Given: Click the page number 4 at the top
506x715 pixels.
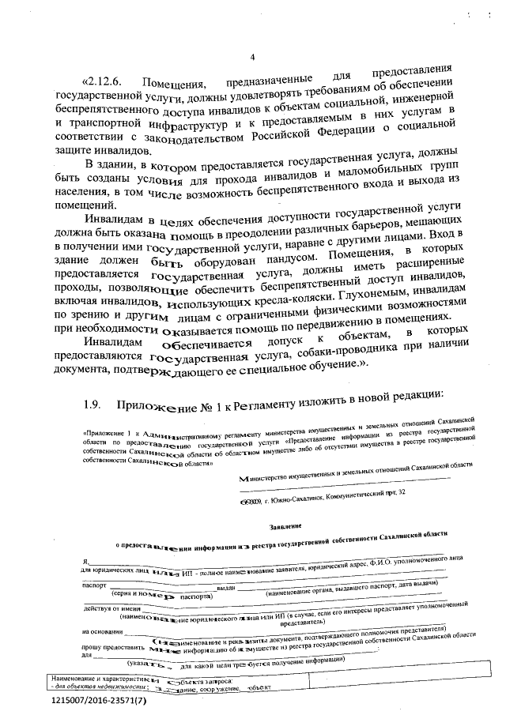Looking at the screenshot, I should [x=252, y=57].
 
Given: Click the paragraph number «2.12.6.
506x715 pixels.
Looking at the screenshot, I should [x=103, y=83].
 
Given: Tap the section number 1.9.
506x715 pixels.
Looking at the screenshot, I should [x=95, y=405].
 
